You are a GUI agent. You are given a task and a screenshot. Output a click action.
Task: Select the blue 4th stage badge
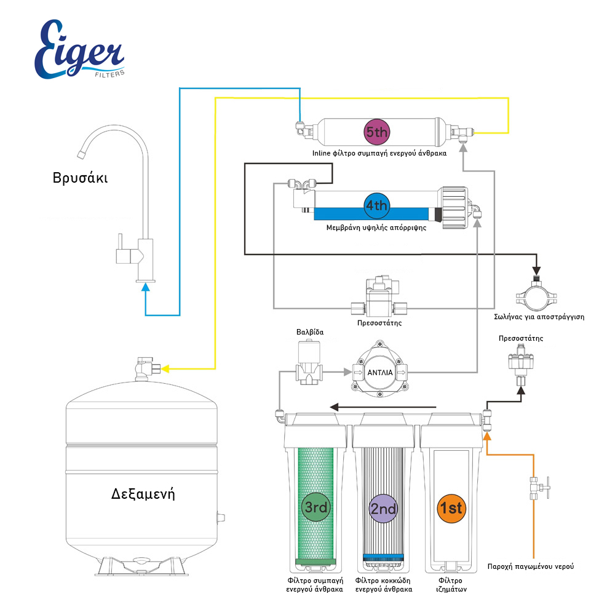click(376, 205)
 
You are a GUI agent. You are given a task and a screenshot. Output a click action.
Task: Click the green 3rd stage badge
click(316, 507)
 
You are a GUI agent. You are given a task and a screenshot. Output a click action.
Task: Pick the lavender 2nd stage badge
click(383, 509)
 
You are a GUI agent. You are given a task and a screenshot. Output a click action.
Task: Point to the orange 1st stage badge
click(450, 509)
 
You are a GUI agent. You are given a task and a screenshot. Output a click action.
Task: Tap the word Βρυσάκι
click(80, 178)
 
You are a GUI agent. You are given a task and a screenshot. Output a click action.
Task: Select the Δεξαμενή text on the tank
click(143, 493)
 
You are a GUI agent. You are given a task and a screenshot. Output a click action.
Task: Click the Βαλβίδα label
click(309, 332)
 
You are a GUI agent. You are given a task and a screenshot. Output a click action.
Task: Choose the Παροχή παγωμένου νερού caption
click(531, 566)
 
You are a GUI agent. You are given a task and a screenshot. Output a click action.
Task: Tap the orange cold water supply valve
click(537, 490)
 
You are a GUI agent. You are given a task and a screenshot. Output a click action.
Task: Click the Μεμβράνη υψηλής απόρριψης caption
click(376, 227)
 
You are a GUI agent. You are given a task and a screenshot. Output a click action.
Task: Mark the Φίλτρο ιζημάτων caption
click(451, 585)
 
